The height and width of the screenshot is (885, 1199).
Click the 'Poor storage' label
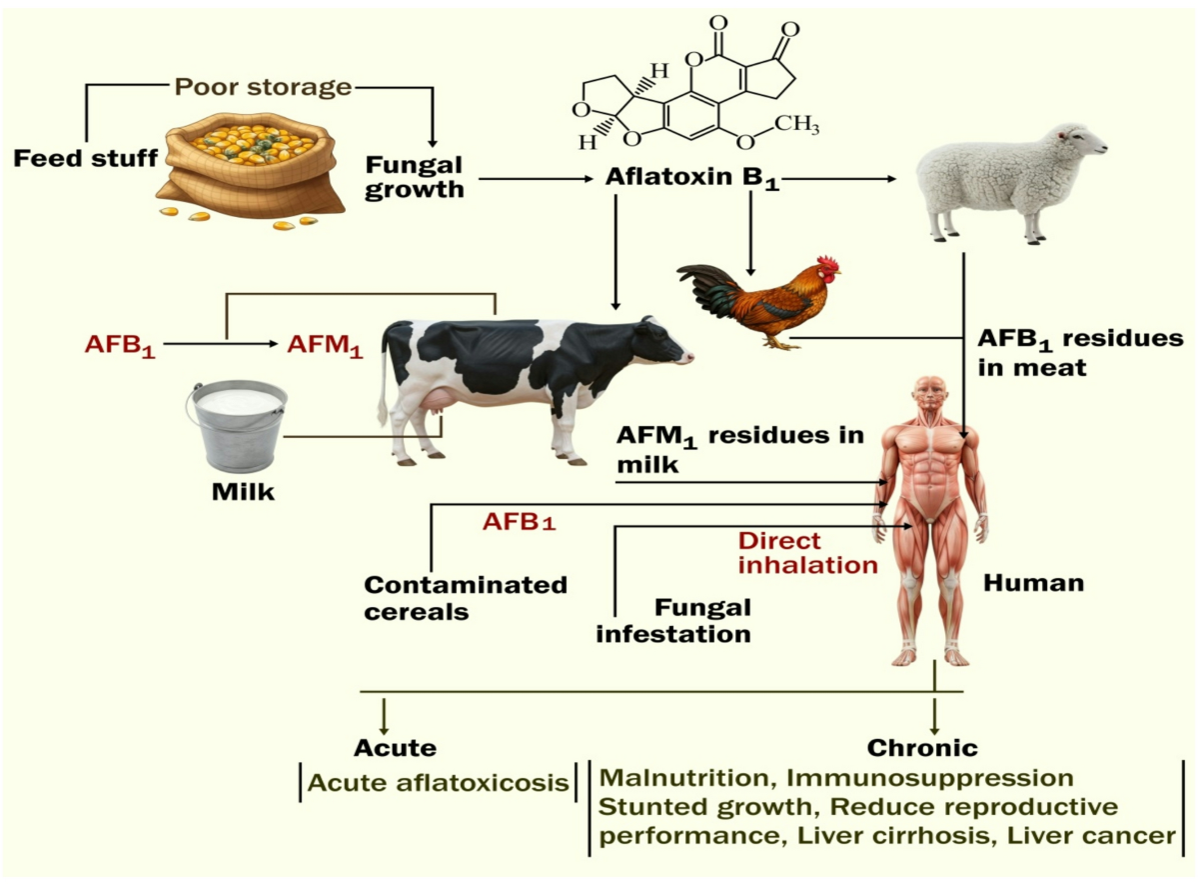pyautogui.click(x=263, y=87)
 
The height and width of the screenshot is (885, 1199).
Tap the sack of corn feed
pyautogui.click(x=252, y=169)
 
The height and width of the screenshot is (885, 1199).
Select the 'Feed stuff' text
pyautogui.click(x=86, y=158)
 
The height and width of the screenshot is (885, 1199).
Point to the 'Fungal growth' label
pyautogui.click(x=414, y=178)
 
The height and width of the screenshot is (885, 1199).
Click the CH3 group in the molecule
pyautogui.click(x=797, y=125)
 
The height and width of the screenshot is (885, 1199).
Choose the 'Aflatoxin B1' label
pyautogui.click(x=692, y=178)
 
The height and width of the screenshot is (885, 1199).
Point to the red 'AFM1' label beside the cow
pyautogui.click(x=325, y=345)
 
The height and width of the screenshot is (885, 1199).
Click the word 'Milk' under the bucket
pyautogui.click(x=243, y=492)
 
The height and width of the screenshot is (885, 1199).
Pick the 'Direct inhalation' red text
pyautogui.click(x=808, y=553)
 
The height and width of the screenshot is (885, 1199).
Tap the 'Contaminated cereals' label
pyautogui.click(x=466, y=598)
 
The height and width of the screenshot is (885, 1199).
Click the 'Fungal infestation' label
pyautogui.click(x=673, y=621)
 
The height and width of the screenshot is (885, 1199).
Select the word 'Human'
pyautogui.click(x=1033, y=583)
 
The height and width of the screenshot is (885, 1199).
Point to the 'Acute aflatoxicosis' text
pyautogui.click(x=438, y=783)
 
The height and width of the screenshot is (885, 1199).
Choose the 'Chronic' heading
pyautogui.click(x=922, y=748)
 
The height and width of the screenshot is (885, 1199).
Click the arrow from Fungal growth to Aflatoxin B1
pyautogui.click(x=536, y=179)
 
